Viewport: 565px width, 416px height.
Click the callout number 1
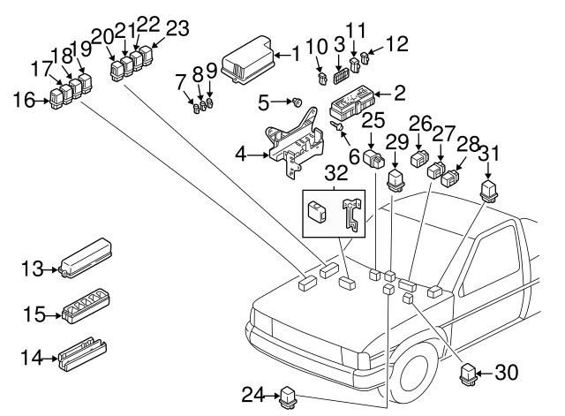pos(296,55)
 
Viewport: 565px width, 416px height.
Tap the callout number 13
pos(32,269)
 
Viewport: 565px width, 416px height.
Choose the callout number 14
pos(32,358)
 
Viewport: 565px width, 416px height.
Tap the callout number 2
pos(400,91)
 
